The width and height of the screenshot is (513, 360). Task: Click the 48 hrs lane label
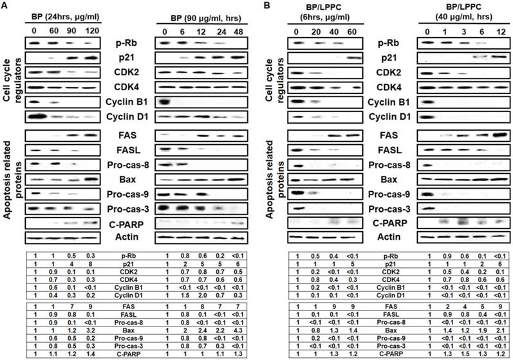click(x=238, y=30)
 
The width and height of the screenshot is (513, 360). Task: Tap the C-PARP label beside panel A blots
click(x=133, y=222)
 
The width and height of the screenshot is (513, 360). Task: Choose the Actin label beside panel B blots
click(x=393, y=237)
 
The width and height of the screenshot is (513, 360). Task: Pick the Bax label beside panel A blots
click(x=133, y=178)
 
